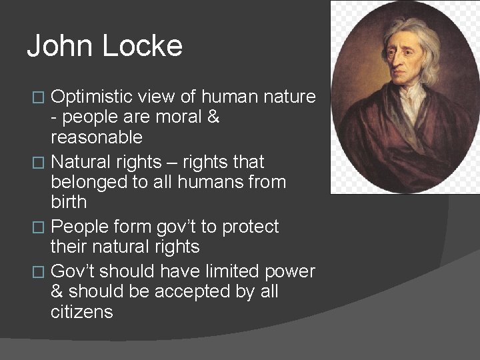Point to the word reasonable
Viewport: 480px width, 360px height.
tap(96, 138)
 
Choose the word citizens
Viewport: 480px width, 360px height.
tap(81, 312)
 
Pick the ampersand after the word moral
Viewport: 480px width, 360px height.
tap(213, 117)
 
